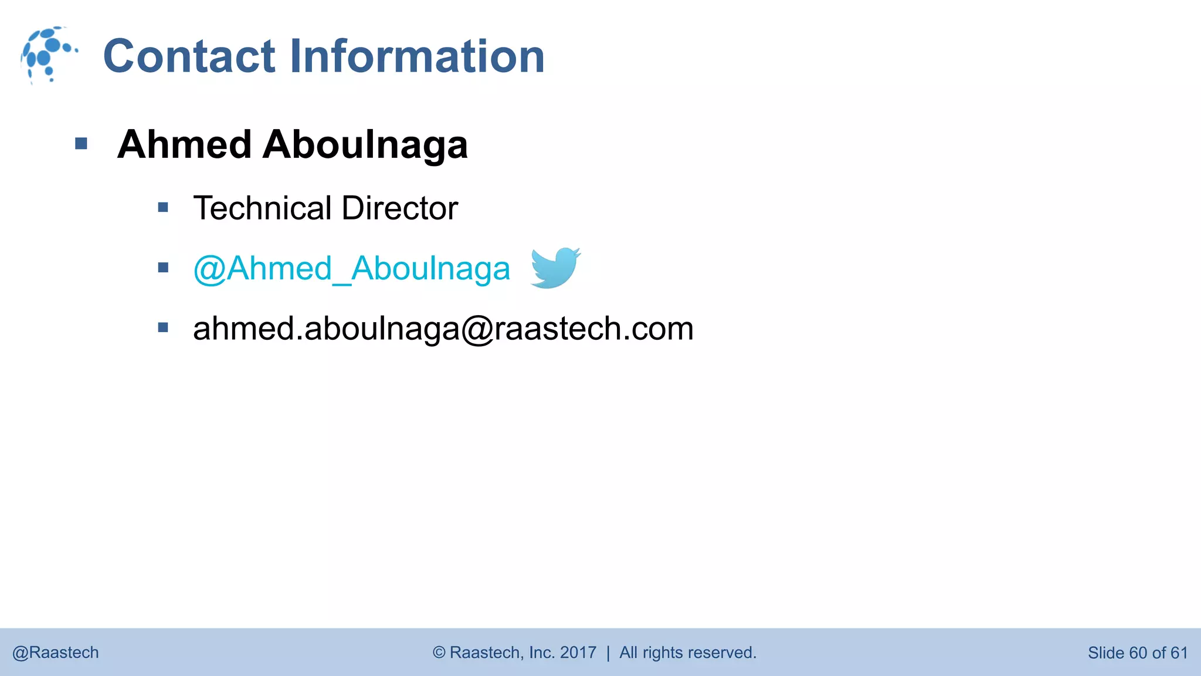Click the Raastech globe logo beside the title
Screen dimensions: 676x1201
(x=48, y=55)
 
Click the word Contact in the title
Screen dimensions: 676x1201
(x=189, y=56)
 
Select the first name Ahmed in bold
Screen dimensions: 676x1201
(x=185, y=144)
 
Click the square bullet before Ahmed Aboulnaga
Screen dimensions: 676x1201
(x=82, y=144)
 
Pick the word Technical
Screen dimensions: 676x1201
(x=263, y=208)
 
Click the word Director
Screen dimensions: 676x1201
(x=399, y=208)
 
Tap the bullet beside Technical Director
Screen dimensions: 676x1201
(x=163, y=207)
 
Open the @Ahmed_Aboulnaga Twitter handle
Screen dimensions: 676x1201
(x=352, y=269)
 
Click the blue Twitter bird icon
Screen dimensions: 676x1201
(x=555, y=268)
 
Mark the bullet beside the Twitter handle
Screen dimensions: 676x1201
(x=163, y=268)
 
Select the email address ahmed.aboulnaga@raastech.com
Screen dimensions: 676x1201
(x=443, y=329)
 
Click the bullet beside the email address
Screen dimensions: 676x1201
(x=163, y=327)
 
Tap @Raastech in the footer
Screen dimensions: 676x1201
(x=56, y=653)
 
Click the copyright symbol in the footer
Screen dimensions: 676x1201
(x=439, y=653)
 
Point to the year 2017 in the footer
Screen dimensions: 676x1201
(x=578, y=653)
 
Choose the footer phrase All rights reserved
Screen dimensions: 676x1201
(x=688, y=653)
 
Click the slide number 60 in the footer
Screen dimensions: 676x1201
(x=1138, y=653)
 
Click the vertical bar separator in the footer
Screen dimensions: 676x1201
(x=608, y=653)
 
